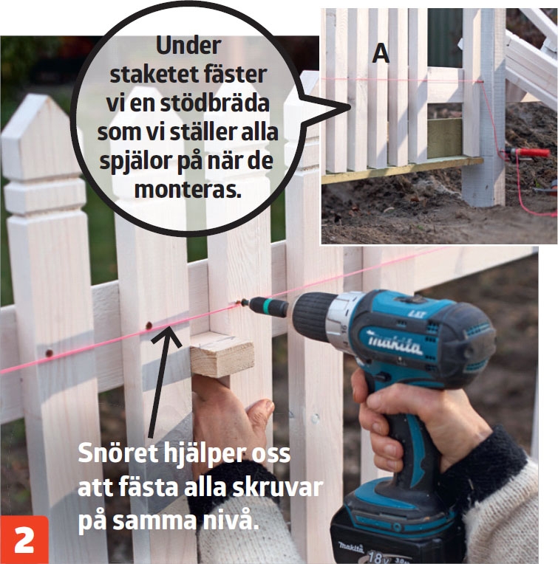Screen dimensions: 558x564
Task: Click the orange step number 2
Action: tap(24, 540)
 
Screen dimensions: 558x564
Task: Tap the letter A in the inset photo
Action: tap(381, 54)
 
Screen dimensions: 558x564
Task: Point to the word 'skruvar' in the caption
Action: tap(277, 486)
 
